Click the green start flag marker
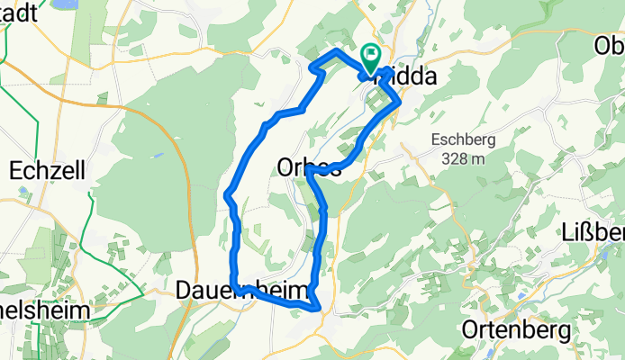point(370,58)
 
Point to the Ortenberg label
point(514,330)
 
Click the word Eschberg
point(464,140)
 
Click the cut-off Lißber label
point(597,229)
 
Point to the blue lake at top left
point(66,4)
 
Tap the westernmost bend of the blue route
point(226,193)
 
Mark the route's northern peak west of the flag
point(337,52)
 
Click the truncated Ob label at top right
point(610,45)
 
